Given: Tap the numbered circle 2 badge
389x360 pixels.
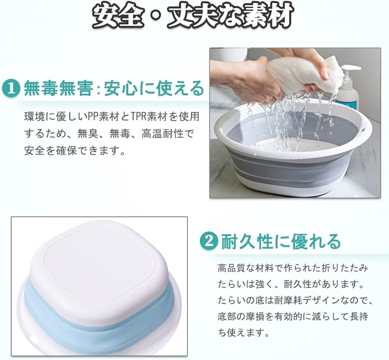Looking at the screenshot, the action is click(209, 241).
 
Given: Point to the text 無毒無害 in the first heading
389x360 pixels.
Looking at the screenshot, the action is click(58, 89).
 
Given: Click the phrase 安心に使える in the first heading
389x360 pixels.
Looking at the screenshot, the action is click(154, 89).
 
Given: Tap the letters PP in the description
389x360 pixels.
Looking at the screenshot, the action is click(94, 117).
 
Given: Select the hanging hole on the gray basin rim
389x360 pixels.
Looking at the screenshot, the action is click(363, 130).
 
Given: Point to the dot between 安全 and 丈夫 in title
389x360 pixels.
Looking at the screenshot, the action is click(156, 16).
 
